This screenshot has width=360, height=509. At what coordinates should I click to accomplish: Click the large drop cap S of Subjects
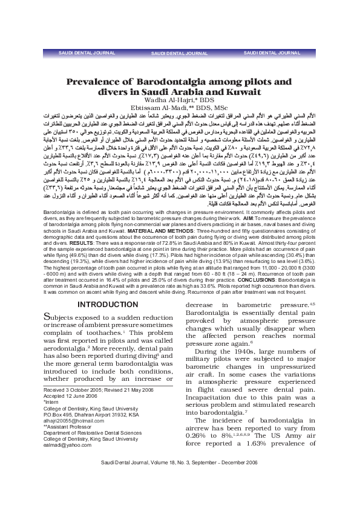coord(50,300)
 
